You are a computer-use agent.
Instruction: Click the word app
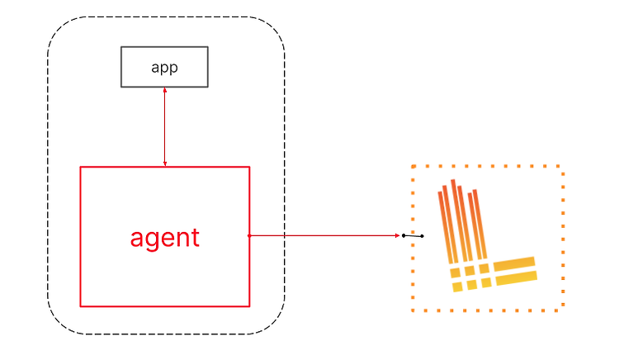[164, 68]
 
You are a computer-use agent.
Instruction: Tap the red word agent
[165, 238]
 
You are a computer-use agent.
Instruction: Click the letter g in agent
[152, 240]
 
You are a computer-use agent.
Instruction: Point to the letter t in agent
[196, 237]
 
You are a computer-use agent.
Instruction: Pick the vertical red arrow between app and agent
[165, 126]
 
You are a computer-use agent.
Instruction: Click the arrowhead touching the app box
[165, 90]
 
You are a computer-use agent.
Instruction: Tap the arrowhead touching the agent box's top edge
[165, 163]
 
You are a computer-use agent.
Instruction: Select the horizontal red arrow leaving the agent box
[324, 235]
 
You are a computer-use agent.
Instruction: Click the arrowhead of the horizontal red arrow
[398, 235]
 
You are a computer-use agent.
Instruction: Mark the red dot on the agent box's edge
[249, 235]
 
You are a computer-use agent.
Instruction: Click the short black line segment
[413, 236]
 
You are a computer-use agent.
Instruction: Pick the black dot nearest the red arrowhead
[404, 235]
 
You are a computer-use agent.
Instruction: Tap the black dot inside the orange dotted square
[422, 236]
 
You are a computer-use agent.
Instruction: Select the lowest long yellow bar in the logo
[517, 278]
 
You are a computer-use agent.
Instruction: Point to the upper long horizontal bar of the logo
[514, 263]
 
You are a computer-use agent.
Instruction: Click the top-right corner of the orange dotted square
[564, 167]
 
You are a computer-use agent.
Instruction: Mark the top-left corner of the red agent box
[81, 167]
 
